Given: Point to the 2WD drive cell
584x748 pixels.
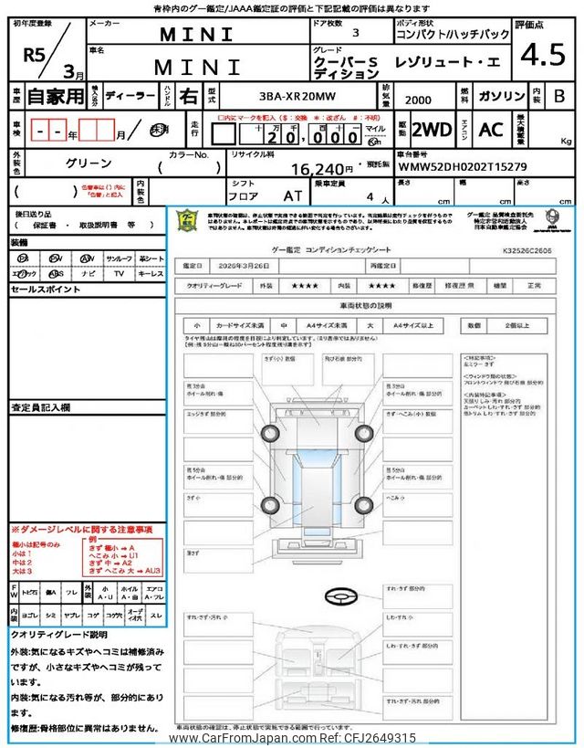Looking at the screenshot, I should point(431,130).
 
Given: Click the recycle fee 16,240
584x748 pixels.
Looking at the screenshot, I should point(321,169).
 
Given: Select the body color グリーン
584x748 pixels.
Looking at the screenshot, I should point(89,163).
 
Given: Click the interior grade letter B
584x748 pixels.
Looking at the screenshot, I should point(559,95).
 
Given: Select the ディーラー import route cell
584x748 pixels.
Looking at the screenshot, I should point(123,95).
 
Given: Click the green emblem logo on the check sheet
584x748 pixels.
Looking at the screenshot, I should point(185,220).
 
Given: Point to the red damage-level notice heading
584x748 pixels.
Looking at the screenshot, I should point(82,530).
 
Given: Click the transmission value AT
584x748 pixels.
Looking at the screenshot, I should point(295,195).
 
